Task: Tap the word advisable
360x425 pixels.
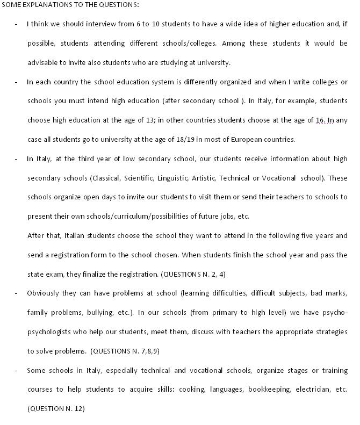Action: click(42, 62)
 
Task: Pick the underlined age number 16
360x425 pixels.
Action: click(321, 120)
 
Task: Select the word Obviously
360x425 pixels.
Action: click(44, 293)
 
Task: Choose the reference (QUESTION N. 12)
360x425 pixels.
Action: click(56, 408)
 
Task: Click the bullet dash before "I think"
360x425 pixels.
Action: click(16, 24)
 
